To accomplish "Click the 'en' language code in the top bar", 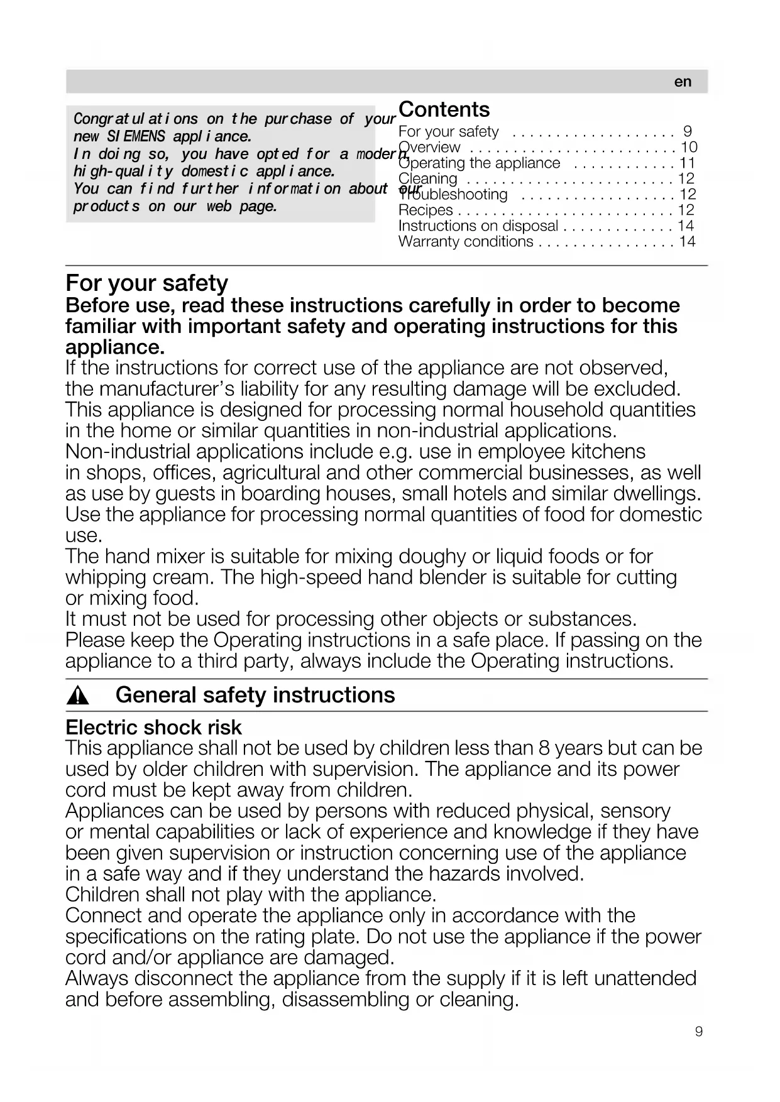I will tap(683, 82).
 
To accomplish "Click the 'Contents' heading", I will tap(444, 109).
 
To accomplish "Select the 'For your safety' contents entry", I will tap(449, 131).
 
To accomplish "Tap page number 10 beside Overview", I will tap(689, 147).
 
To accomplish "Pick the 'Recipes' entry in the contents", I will tap(426, 210).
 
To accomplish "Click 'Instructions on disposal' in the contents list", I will tap(478, 226).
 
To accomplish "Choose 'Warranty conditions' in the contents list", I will tap(466, 241).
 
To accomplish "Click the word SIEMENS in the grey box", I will tap(136, 136).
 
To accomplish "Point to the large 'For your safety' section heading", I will tap(146, 283).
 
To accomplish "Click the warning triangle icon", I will tap(79, 696).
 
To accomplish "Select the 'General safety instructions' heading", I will tap(255, 695).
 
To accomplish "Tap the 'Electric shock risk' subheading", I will tap(153, 728).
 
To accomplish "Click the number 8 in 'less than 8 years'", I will tap(544, 748).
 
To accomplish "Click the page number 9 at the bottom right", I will tap(699, 1032).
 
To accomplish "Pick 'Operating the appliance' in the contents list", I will tap(479, 163).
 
